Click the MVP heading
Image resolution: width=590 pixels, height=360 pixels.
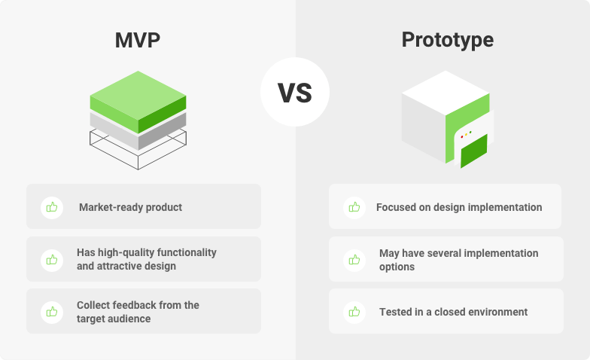point(137,41)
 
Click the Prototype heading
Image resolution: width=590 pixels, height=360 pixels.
point(447,41)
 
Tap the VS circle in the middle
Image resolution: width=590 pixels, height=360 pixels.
point(295,92)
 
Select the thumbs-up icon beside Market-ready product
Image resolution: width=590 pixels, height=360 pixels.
point(52,207)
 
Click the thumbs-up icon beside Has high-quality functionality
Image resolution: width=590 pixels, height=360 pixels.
point(52,260)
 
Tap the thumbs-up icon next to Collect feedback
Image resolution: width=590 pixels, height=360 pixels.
point(52,312)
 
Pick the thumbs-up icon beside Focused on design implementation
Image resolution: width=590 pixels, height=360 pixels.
point(354,207)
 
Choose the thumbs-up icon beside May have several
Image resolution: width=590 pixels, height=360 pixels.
point(354,260)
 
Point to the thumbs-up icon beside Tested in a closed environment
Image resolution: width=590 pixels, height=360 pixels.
point(354,312)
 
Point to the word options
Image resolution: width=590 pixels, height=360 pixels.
point(397,267)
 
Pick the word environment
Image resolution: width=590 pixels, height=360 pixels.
point(497,312)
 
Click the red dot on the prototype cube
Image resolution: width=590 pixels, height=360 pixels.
point(462,137)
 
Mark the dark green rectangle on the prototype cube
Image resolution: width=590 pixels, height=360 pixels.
point(474,151)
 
